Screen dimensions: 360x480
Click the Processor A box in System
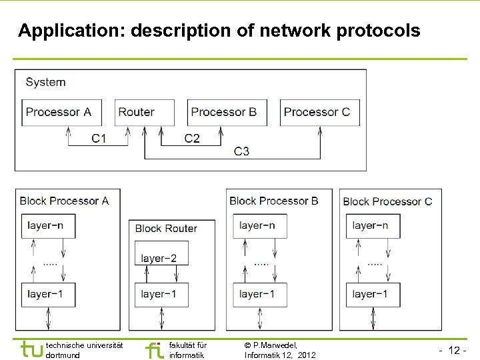(x=61, y=112)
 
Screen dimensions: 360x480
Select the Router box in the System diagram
(x=145, y=112)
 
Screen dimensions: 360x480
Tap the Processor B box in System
(x=227, y=112)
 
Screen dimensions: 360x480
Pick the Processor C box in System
(x=320, y=112)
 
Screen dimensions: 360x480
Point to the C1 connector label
(x=99, y=139)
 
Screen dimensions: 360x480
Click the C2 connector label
(x=192, y=139)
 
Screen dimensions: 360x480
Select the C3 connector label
(x=241, y=151)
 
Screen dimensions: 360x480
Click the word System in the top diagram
(x=45, y=83)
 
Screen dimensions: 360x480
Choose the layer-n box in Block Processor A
(x=48, y=226)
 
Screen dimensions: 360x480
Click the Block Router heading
(x=166, y=229)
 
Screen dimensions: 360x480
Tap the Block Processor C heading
(x=387, y=201)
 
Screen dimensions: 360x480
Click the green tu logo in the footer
(x=31, y=349)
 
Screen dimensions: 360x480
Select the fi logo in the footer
(x=154, y=349)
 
